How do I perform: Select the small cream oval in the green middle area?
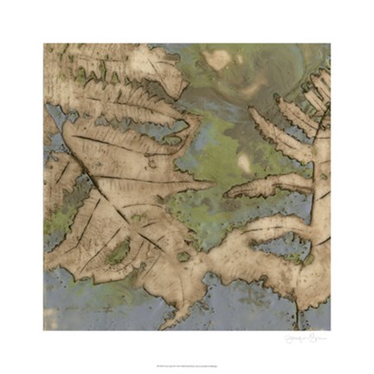pyautogui.click(x=246, y=161)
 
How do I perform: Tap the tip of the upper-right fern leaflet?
pyautogui.click(x=251, y=111)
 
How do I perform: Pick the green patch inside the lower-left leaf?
pyautogui.click(x=119, y=252)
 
